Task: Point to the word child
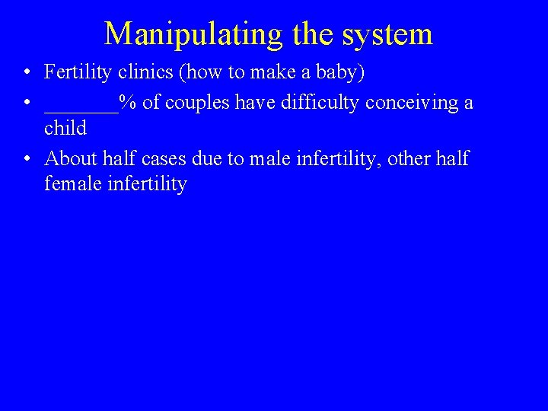tap(65, 128)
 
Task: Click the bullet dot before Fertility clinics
tap(27, 73)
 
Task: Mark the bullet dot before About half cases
tap(27, 160)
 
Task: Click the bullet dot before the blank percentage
tap(27, 103)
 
